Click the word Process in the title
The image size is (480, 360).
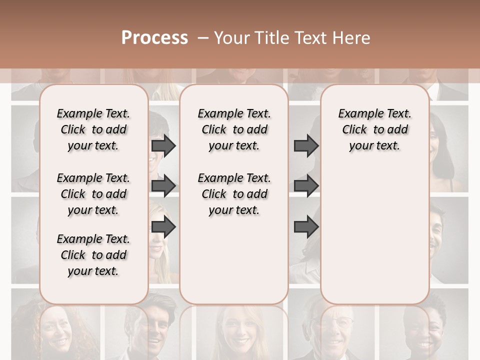154,38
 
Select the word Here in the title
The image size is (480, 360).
352,38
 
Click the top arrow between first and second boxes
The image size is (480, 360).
163,145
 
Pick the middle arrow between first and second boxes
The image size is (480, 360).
163,186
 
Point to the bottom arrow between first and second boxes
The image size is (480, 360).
163,227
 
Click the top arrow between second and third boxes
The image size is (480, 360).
306,145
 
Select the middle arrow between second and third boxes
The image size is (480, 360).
306,186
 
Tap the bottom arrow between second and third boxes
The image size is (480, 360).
306,227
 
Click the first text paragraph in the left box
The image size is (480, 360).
93,129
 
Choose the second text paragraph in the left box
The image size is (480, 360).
93,194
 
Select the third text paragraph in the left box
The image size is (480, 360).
93,255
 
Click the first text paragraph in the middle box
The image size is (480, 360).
234,129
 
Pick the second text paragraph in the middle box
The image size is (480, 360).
234,194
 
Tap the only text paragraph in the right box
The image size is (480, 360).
375,129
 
